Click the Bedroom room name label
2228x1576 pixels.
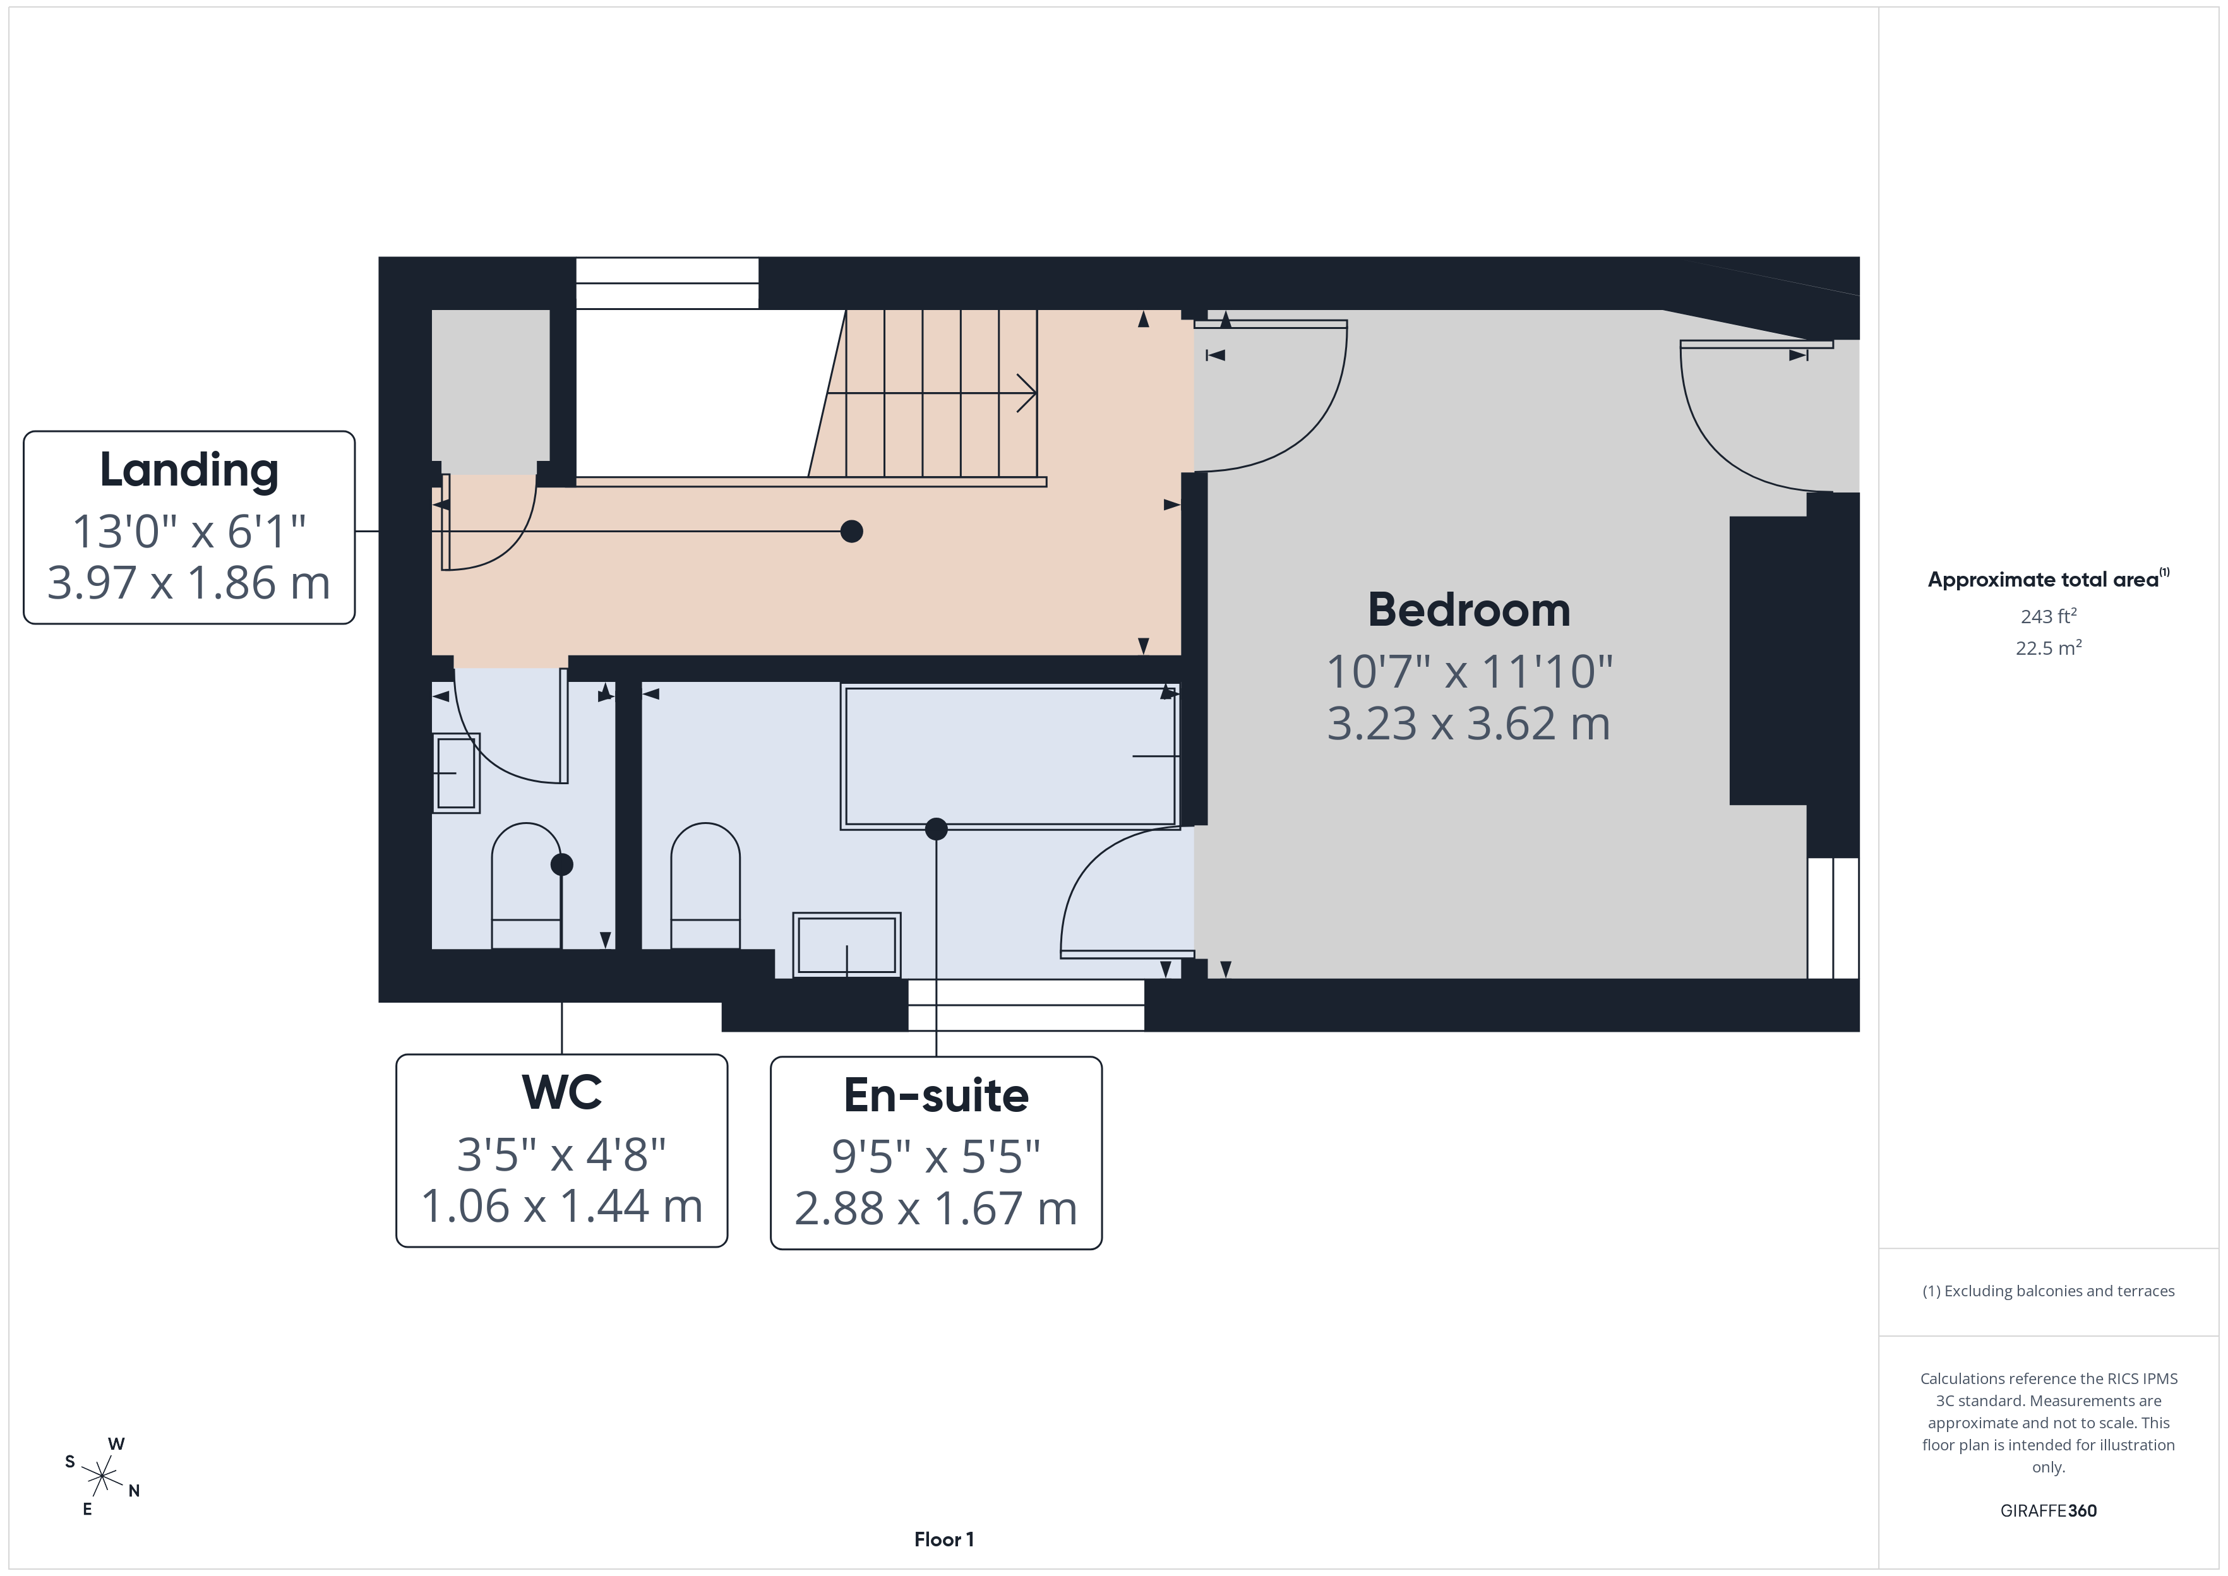coord(1468,611)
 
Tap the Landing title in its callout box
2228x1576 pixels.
coord(189,470)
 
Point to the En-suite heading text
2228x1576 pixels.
coord(935,1095)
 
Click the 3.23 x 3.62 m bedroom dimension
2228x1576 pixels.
coord(1468,724)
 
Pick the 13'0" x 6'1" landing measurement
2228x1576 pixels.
coord(189,531)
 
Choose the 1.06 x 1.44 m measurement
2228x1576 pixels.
coord(562,1206)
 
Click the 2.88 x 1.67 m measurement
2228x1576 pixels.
coord(935,1209)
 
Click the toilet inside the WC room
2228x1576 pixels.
coord(526,885)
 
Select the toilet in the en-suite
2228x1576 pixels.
coord(705,885)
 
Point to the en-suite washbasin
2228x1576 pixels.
coord(847,944)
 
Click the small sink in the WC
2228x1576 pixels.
coord(455,773)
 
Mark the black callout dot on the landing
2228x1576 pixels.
coord(851,532)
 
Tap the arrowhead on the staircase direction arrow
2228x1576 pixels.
coord(1029,393)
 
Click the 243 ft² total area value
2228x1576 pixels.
coord(2049,616)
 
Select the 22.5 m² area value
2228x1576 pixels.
coord(2049,647)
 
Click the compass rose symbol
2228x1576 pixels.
coord(101,1477)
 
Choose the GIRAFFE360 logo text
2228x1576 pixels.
coord(2049,1510)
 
